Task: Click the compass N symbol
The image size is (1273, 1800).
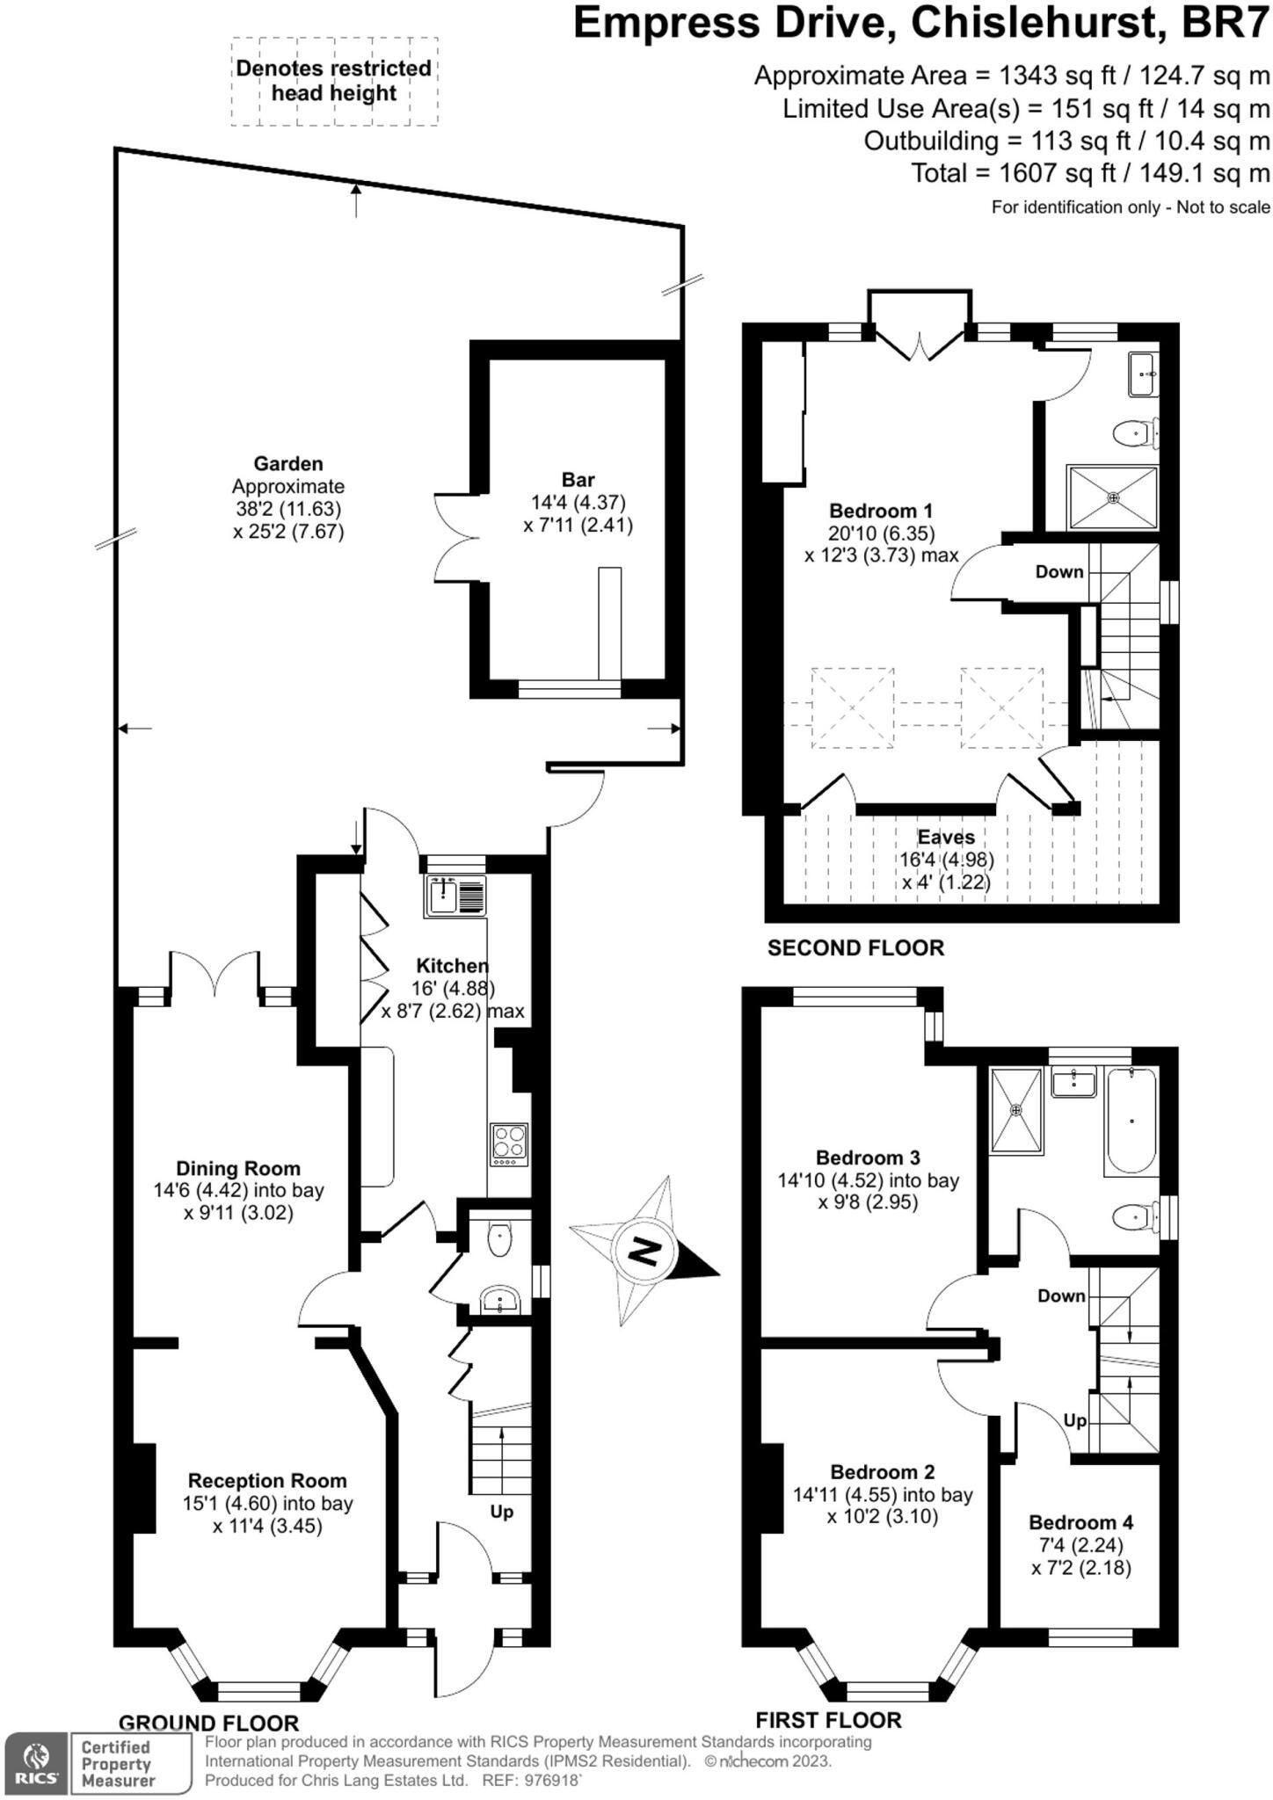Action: [646, 1252]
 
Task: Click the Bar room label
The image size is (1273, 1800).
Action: [578, 480]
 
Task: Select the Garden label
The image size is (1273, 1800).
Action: [288, 463]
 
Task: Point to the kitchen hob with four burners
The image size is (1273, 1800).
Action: [510, 1145]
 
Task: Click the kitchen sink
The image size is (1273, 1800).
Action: [455, 896]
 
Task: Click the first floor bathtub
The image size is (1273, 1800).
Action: [1131, 1121]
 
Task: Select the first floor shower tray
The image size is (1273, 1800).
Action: [1017, 1109]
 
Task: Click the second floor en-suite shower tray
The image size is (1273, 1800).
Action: [1113, 498]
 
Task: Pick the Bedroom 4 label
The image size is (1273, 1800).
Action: [1081, 1522]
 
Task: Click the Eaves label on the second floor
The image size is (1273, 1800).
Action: [946, 837]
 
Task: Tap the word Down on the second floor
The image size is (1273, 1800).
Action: [1059, 572]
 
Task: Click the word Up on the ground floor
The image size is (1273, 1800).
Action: [501, 1512]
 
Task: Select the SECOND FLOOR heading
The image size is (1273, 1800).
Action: [855, 947]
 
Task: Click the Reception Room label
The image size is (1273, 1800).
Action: [267, 1481]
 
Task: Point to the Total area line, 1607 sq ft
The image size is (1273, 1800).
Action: [1090, 173]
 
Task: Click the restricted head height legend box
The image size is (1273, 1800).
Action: [334, 81]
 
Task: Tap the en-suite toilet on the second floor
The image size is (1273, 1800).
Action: [1134, 432]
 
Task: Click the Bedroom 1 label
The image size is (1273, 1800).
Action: [881, 511]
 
